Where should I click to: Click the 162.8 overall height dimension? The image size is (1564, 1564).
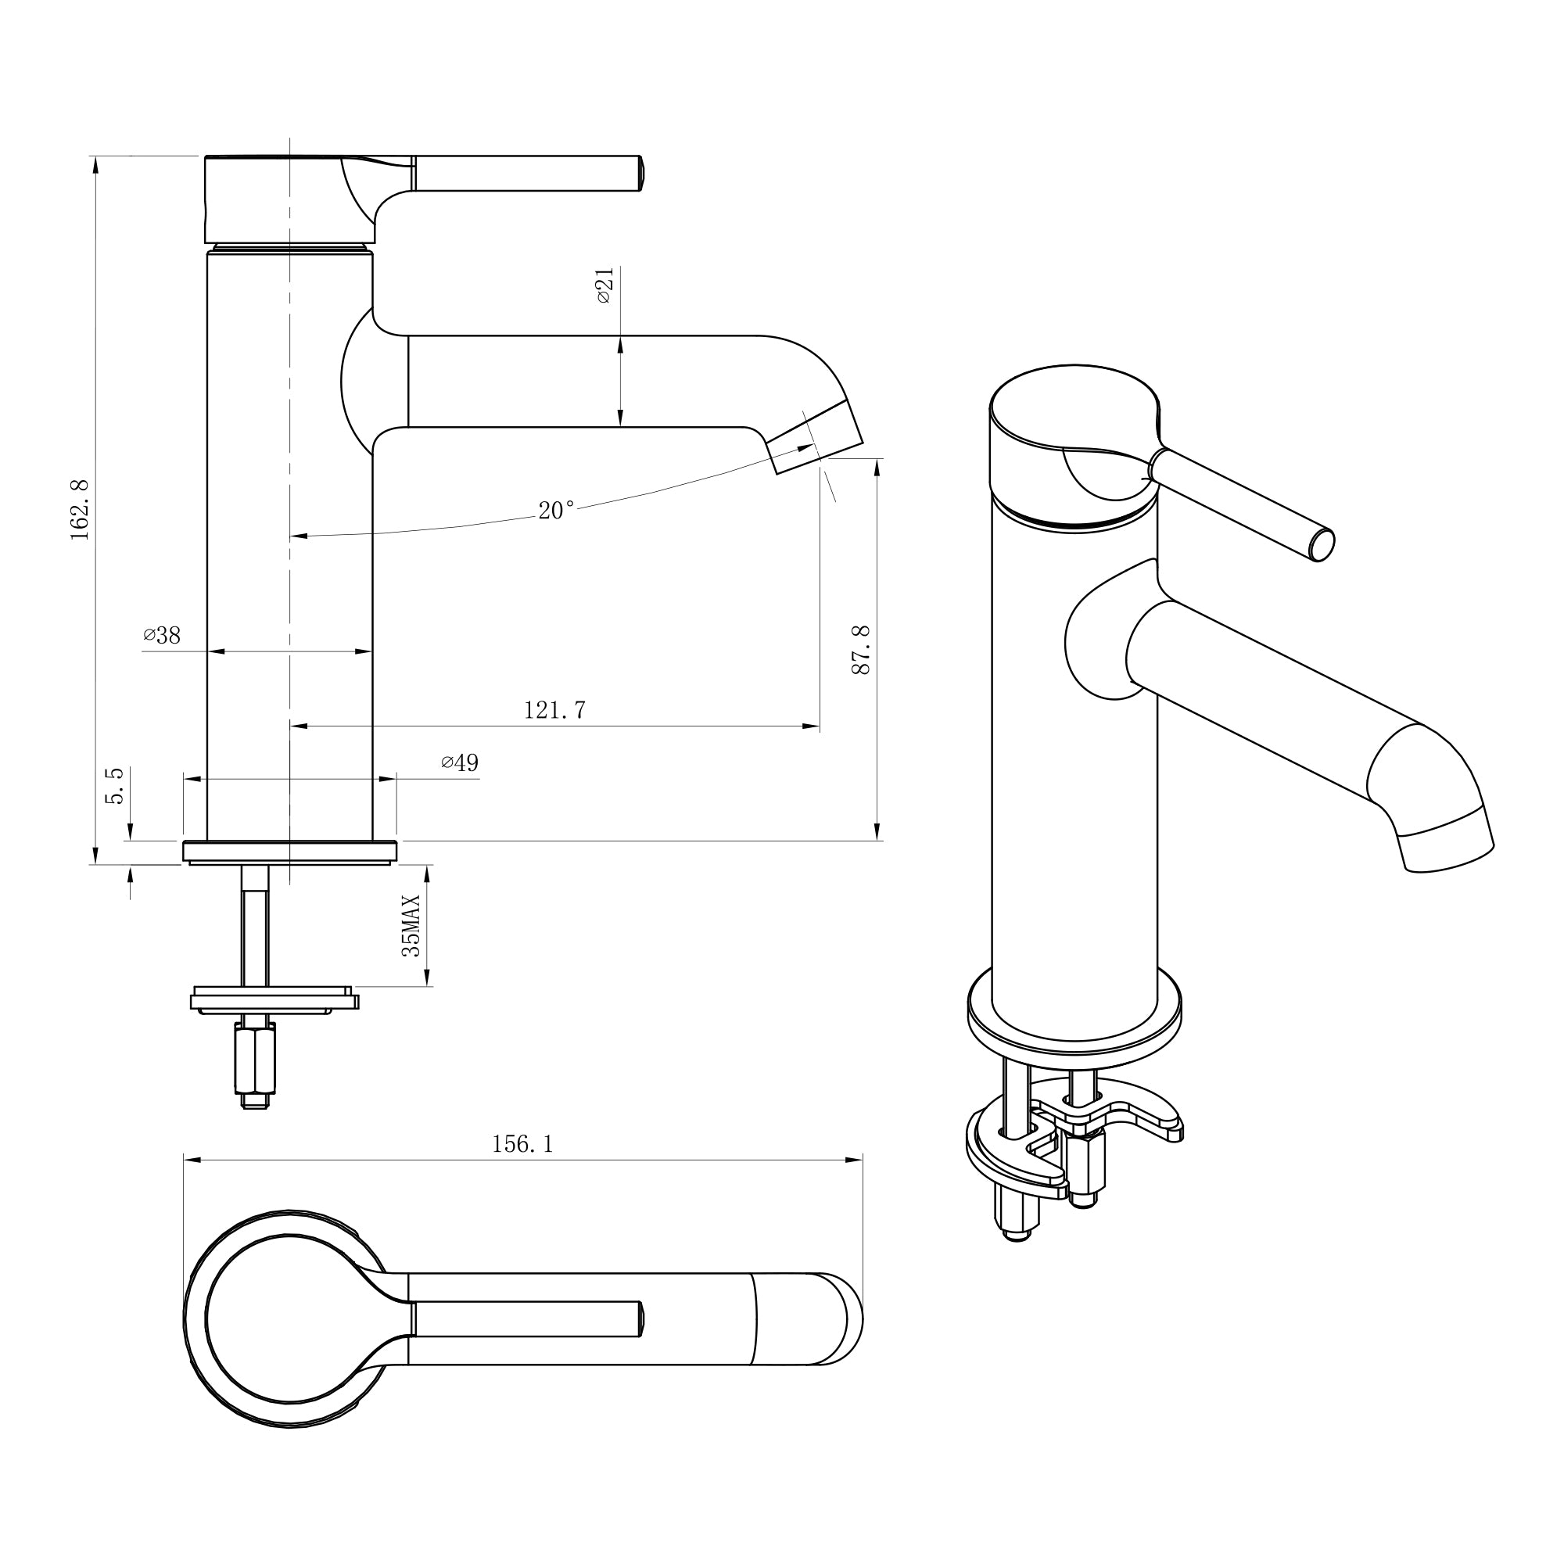tap(79, 510)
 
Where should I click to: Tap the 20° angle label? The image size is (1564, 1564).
tap(556, 511)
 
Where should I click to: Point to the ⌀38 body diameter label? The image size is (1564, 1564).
tap(162, 636)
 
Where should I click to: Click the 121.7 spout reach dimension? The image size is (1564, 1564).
tap(554, 710)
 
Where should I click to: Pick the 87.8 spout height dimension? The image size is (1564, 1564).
tap(860, 649)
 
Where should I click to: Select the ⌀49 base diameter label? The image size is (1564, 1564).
tap(460, 762)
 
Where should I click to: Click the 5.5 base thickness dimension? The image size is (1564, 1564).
tap(115, 785)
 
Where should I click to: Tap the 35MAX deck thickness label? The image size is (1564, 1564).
tap(412, 926)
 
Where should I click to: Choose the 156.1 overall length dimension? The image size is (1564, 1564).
tap(523, 1144)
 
